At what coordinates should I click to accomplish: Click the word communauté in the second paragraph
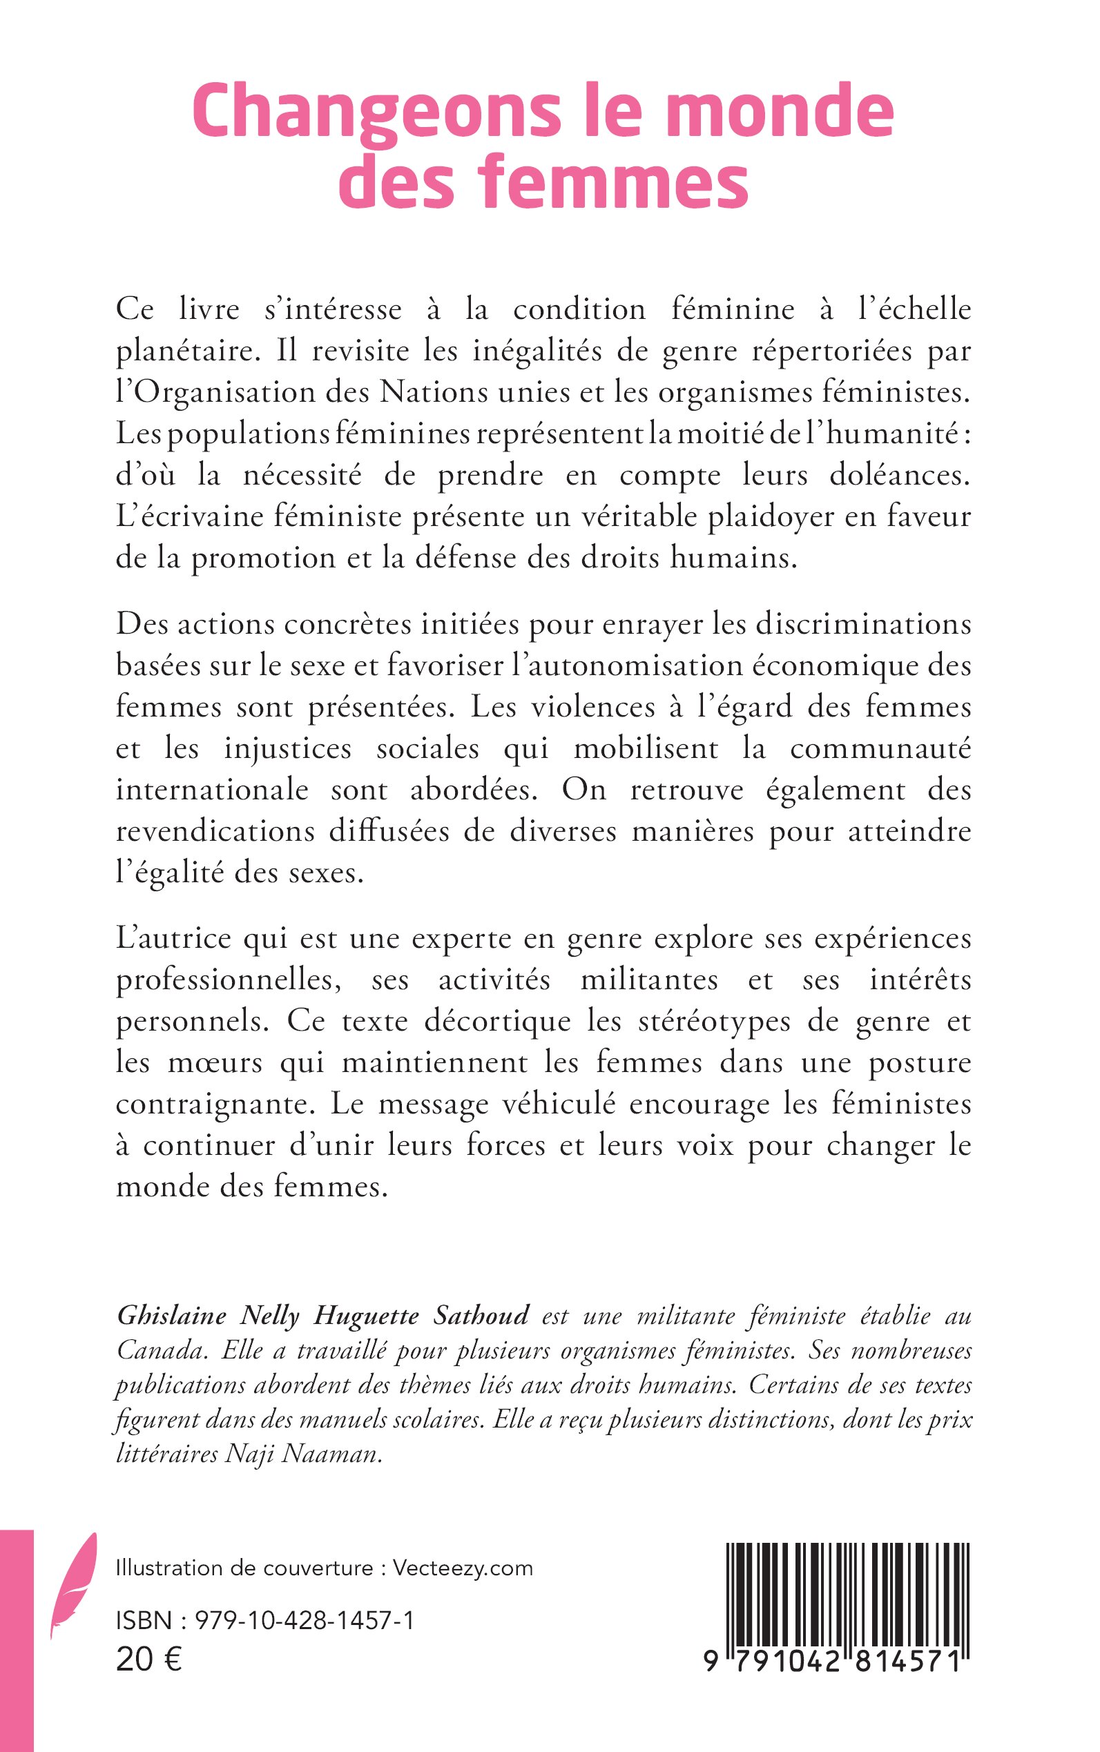880,749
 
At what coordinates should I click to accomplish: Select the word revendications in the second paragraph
215,831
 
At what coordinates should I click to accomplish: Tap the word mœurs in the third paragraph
215,1062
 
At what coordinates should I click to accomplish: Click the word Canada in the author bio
160,1350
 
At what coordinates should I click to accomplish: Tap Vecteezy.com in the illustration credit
463,1567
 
